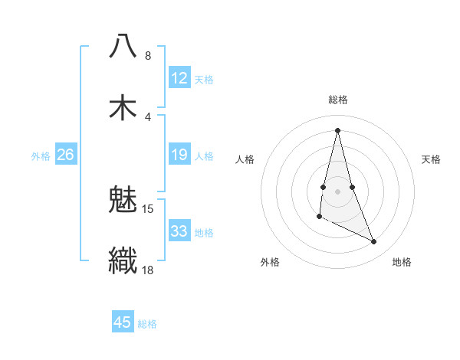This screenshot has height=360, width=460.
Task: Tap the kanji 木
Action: click(123, 106)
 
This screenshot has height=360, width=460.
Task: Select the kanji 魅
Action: click(123, 200)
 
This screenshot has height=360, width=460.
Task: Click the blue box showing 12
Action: click(179, 78)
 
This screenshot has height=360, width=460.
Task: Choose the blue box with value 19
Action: click(179, 155)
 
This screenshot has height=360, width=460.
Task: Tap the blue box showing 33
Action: click(179, 231)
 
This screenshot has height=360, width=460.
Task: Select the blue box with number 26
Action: click(65, 155)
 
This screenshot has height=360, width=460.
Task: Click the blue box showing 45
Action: click(123, 322)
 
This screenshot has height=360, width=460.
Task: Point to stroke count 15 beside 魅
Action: click(148, 209)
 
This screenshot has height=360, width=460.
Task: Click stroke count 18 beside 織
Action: click(148, 270)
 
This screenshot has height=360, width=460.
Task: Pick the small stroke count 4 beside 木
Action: click(148, 116)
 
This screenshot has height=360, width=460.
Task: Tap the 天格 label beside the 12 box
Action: click(204, 79)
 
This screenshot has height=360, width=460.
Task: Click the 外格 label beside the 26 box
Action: click(41, 156)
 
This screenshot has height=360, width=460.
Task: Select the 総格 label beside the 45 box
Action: click(147, 323)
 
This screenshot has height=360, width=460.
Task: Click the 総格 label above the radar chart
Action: click(338, 100)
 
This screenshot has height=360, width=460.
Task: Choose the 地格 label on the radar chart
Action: click(402, 262)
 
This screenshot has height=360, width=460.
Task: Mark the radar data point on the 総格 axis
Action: click(338, 130)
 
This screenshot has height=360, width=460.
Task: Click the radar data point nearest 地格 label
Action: click(374, 242)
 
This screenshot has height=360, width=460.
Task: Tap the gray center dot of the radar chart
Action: click(338, 191)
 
